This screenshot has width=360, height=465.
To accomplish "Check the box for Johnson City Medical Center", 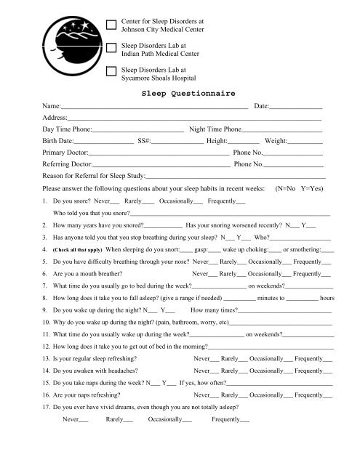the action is pyautogui.click(x=111, y=25).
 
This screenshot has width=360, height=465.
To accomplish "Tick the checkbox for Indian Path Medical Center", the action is pyautogui.click(x=111, y=48).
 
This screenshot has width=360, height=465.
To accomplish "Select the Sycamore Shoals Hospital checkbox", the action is pyautogui.click(x=111, y=70).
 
